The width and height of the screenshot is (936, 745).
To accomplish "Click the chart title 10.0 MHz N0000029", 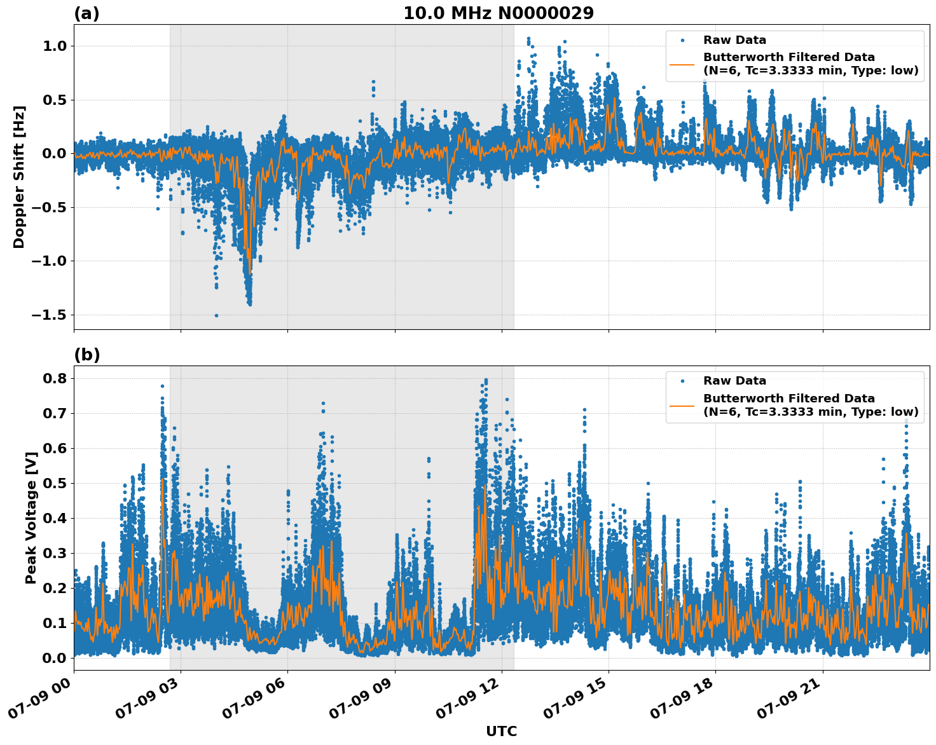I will (498, 13).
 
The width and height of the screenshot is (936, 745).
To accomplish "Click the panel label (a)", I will (86, 13).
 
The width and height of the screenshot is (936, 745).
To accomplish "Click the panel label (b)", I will (86, 355).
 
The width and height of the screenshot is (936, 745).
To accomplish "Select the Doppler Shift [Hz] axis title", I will (19, 177).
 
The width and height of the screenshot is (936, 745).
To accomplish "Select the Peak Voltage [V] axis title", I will (31, 517).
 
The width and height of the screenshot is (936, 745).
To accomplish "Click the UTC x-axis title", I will (501, 731).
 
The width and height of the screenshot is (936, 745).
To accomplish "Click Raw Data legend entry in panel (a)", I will (734, 40).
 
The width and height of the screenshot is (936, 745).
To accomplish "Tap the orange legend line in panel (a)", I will (682, 64).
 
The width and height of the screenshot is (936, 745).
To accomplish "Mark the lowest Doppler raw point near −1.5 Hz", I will (216, 315).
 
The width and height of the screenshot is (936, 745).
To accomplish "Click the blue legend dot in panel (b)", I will (682, 381).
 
